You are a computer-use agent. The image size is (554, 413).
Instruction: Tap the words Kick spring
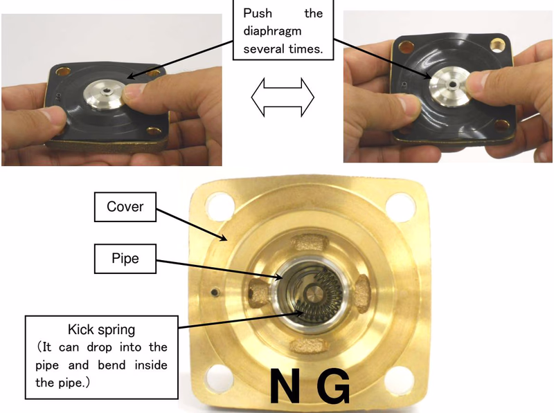(101, 330)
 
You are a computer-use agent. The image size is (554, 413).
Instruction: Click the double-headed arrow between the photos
(283, 97)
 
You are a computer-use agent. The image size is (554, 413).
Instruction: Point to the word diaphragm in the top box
(272, 31)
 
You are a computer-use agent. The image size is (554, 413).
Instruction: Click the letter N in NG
(287, 386)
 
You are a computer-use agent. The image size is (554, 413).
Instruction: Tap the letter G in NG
(333, 386)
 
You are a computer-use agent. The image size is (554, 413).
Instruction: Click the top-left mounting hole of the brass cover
(220, 206)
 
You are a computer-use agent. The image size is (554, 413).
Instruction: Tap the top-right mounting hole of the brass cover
(400, 206)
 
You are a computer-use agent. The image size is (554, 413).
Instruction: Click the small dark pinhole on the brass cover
(215, 292)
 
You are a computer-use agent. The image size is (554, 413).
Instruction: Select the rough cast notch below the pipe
(307, 346)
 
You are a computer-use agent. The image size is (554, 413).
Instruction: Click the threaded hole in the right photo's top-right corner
(497, 46)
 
